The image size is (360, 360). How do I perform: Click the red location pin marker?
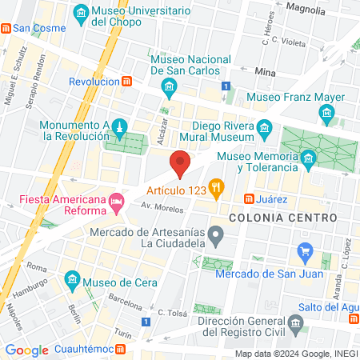(180, 162)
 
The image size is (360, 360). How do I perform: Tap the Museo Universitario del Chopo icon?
(81, 14)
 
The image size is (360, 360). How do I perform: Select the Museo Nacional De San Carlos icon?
(168, 86)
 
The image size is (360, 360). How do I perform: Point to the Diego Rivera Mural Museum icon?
(265, 126)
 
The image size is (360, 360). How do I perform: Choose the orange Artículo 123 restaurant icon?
(215, 189)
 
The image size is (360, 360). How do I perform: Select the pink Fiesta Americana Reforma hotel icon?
(118, 199)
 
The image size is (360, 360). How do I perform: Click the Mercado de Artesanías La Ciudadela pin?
(215, 235)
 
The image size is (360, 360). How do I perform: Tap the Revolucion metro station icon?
(127, 82)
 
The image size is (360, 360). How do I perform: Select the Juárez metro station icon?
(250, 198)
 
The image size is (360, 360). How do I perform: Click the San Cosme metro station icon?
(6, 28)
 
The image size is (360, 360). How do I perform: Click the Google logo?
(26, 350)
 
